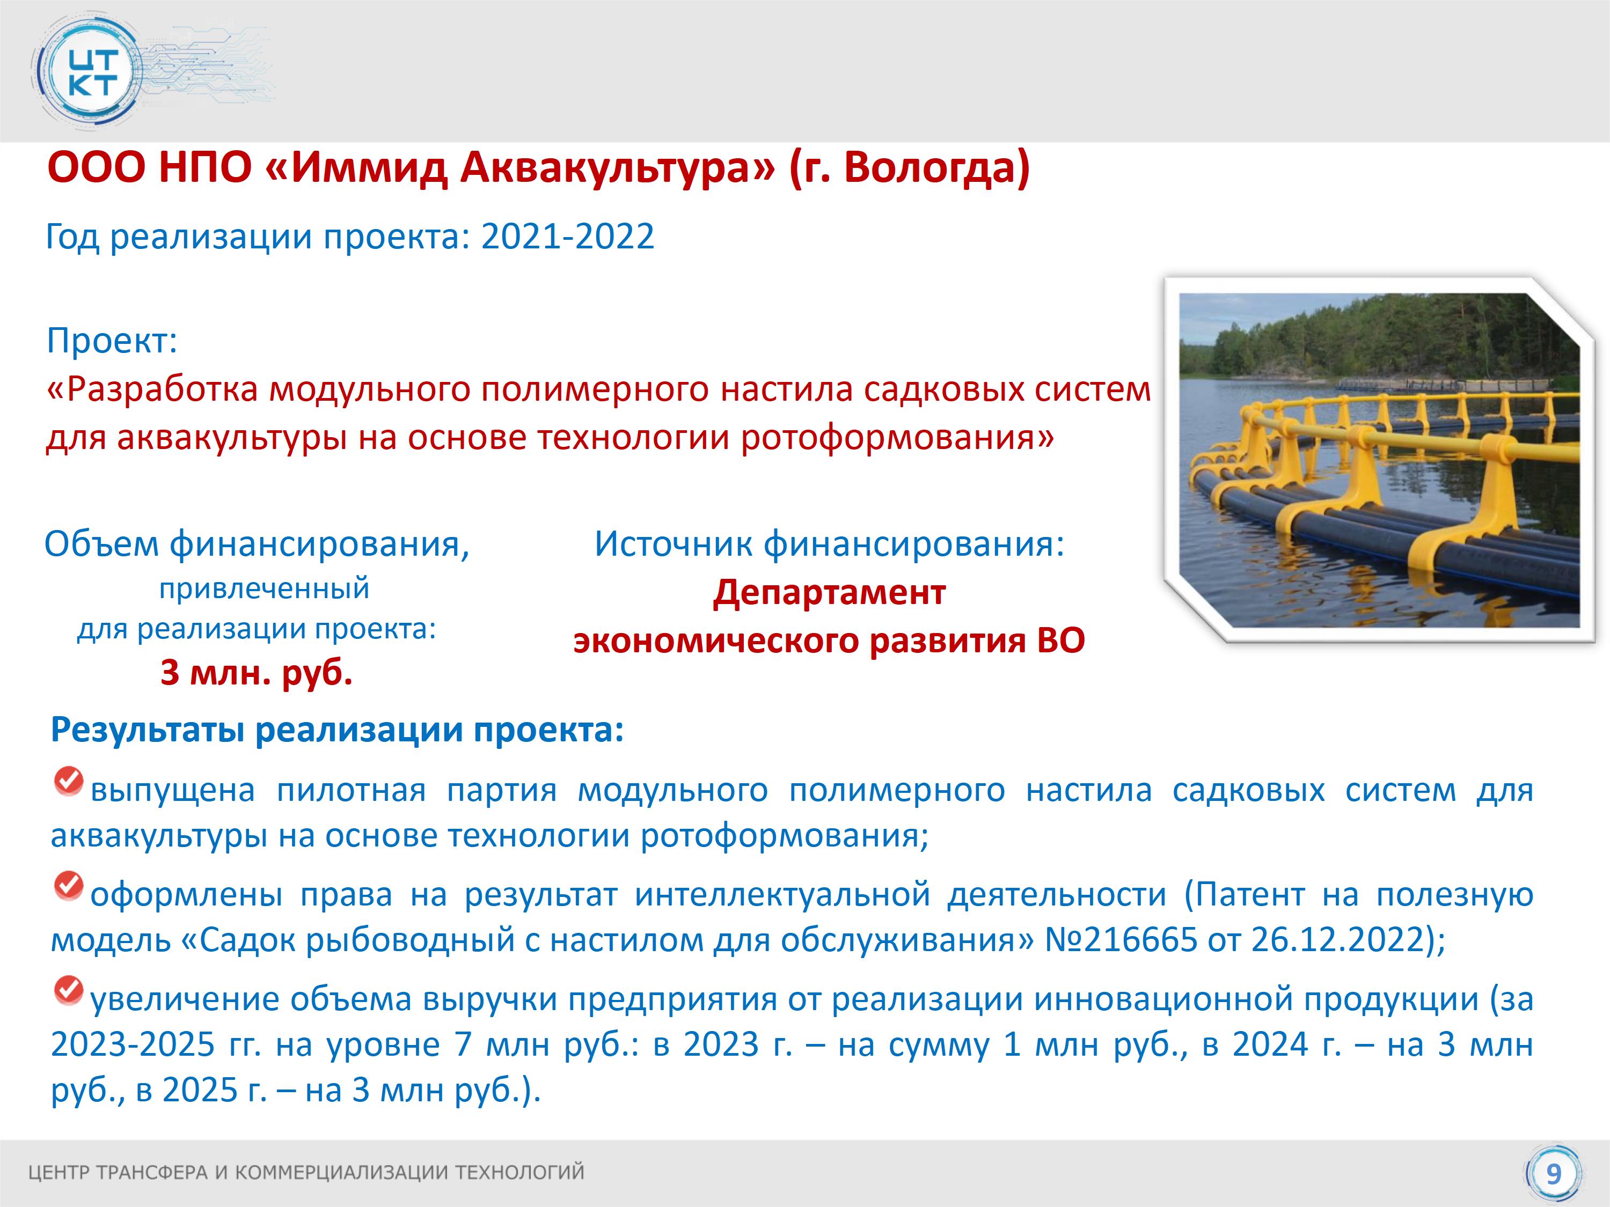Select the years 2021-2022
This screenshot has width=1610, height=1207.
coord(568,237)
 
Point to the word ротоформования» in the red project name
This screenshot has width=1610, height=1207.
coord(897,438)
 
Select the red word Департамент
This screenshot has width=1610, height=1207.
coord(829,593)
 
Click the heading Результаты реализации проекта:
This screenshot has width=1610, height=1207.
coord(338,730)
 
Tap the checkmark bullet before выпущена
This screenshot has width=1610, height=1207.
coord(69,782)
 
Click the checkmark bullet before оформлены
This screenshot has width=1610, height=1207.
coord(69,886)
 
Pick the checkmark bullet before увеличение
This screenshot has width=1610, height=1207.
coord(69,990)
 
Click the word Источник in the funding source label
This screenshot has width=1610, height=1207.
coord(674,544)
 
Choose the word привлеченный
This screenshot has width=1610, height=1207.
coord(264,588)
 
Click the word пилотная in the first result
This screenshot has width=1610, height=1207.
coord(351,790)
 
